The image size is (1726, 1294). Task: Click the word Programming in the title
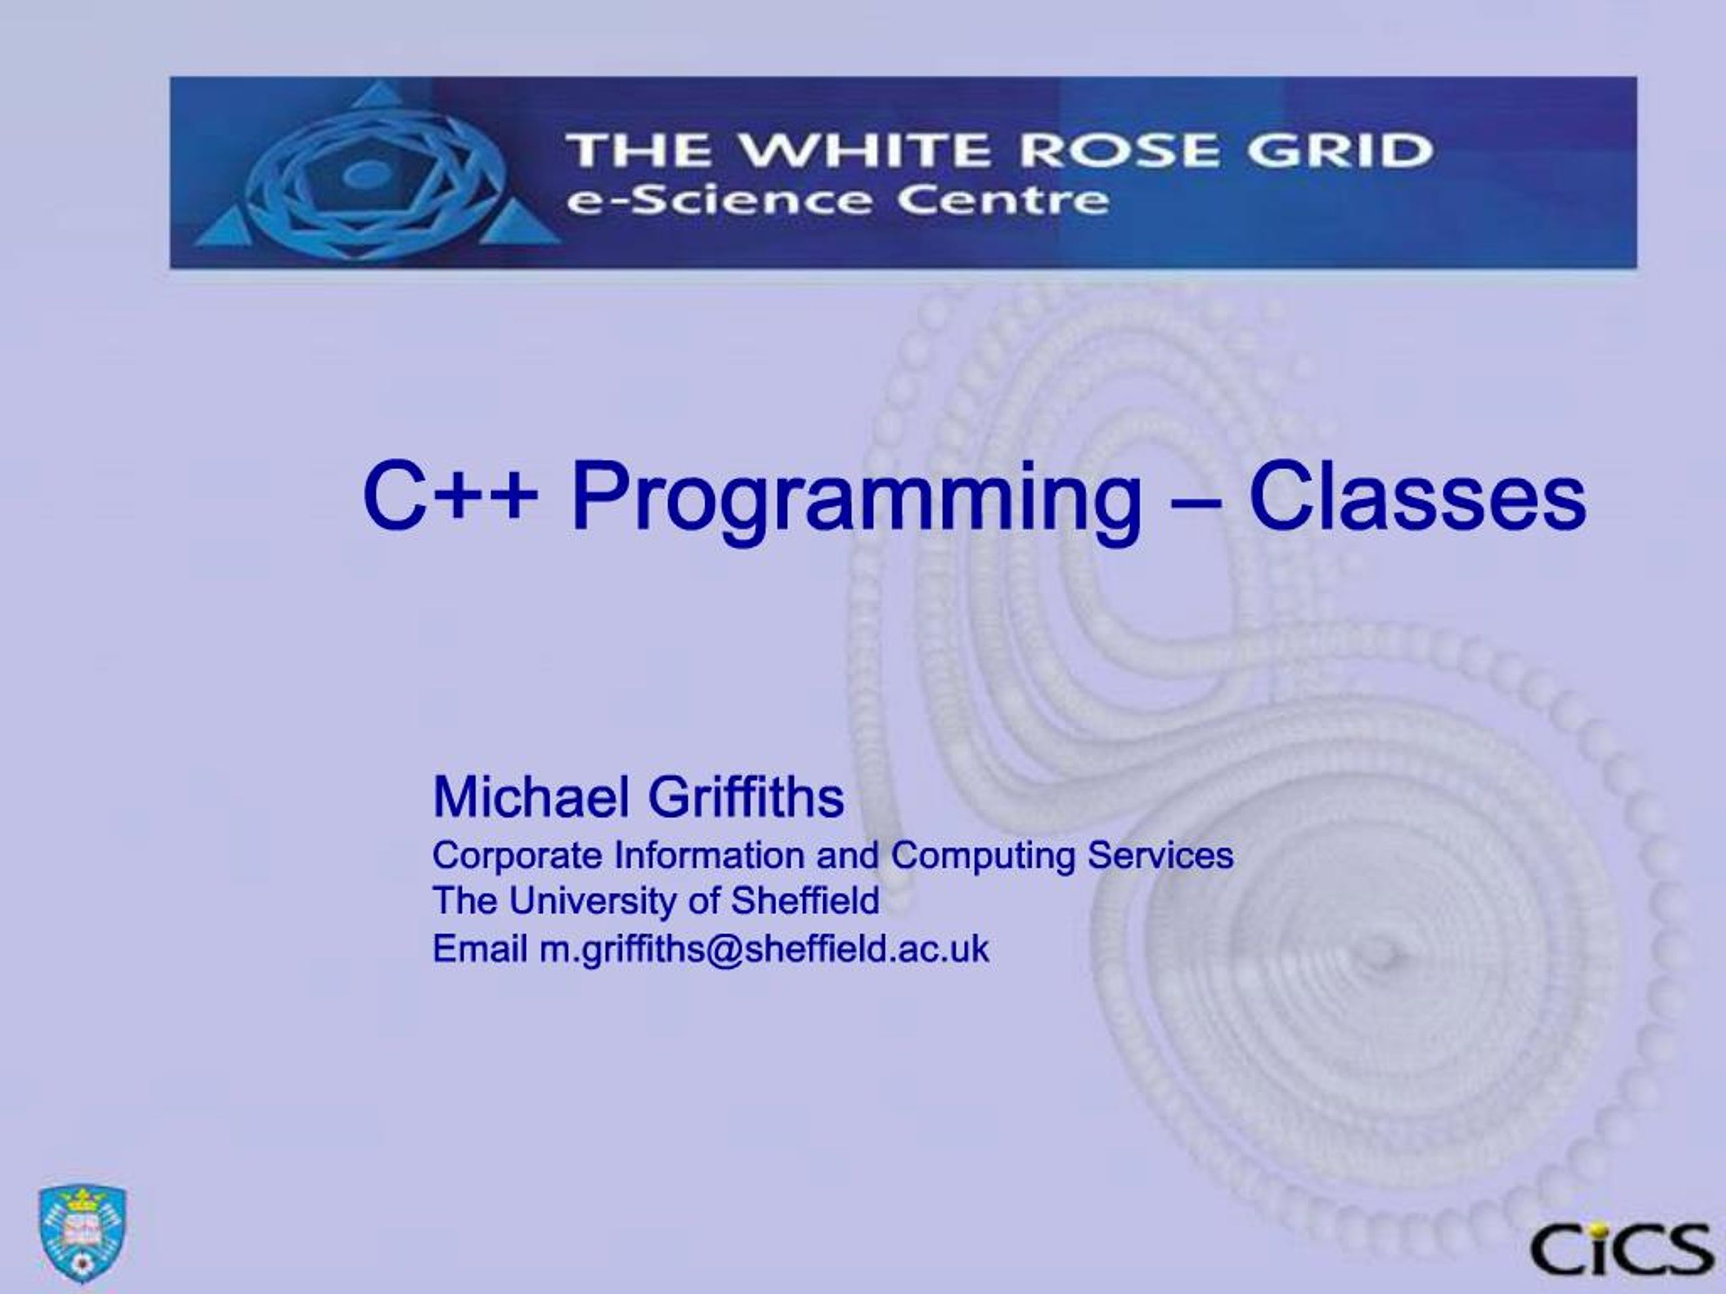857,500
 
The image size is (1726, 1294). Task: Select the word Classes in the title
1418,496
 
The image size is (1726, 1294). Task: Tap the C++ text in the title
450,496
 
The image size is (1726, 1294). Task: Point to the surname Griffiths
746,797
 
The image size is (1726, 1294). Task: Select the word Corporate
517,856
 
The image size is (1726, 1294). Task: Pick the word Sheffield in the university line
804,901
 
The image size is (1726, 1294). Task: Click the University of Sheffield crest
83,1233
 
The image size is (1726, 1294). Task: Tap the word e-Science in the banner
718,202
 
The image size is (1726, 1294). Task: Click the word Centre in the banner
1003,202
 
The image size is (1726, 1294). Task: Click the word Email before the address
480,948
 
